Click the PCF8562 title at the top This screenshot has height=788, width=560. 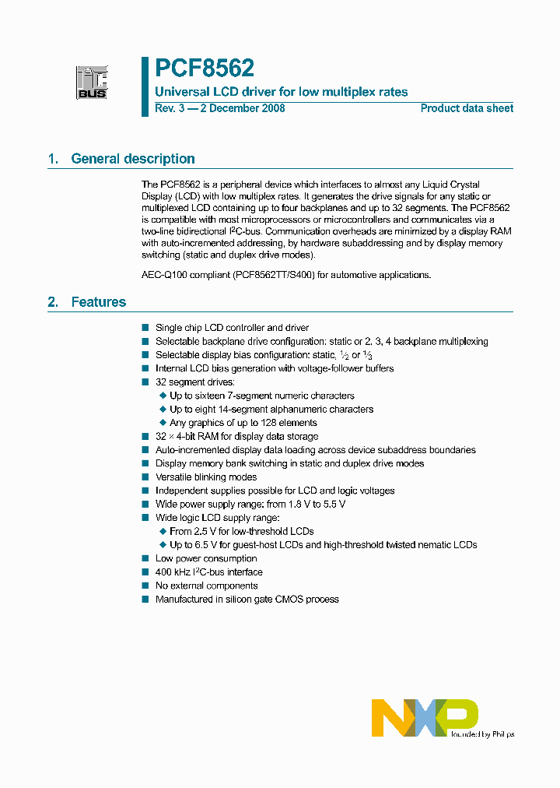tap(205, 69)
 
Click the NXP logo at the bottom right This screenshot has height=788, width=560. tap(425, 717)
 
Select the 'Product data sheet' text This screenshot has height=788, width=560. tap(467, 108)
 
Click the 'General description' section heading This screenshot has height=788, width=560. tap(133, 159)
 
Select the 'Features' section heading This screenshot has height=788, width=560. tap(98, 302)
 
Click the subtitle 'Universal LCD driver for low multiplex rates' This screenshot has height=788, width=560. tap(282, 92)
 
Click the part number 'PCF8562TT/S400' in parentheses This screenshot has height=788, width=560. tap(274, 274)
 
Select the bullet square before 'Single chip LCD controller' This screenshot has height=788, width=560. tap(145, 329)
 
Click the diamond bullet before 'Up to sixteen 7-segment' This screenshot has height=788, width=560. tap(163, 396)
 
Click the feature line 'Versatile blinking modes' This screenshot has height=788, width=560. tap(206, 477)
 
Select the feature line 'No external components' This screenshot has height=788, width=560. tap(206, 586)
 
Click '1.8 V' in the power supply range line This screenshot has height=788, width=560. tap(295, 505)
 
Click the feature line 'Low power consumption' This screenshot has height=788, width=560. tap(206, 558)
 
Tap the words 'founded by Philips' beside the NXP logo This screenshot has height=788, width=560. tap(482, 733)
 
